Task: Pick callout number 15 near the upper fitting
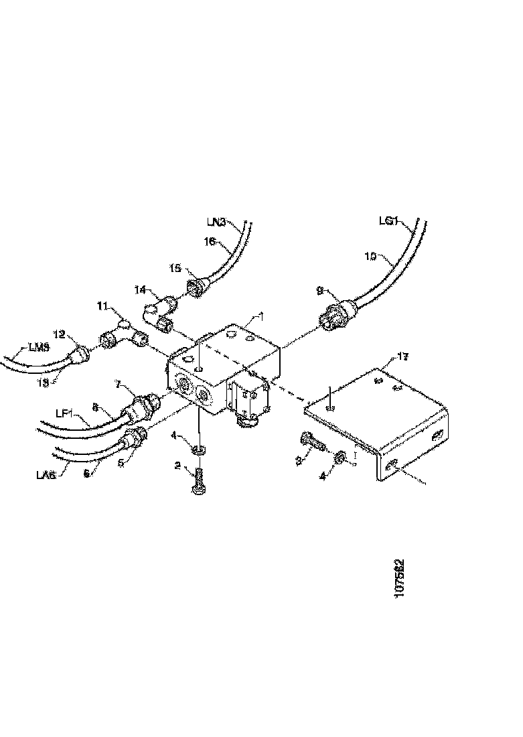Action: pyautogui.click(x=175, y=268)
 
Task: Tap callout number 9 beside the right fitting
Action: pyautogui.click(x=319, y=291)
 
